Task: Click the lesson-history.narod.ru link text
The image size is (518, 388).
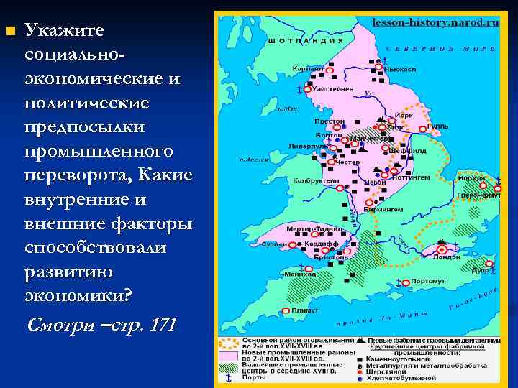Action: coord(436,23)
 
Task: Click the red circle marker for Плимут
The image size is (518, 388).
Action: coord(286,310)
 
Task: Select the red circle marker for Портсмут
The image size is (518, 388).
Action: coord(405,282)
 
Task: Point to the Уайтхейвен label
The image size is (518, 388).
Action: coord(333,88)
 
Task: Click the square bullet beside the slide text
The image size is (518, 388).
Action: coord(9,31)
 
